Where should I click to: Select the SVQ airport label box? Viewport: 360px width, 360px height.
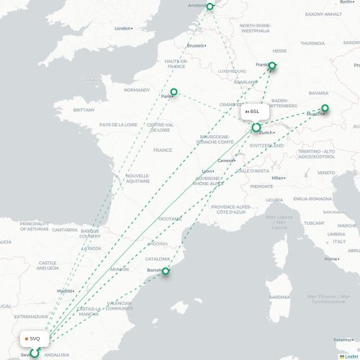tap(33, 338)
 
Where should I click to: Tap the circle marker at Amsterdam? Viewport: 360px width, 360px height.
tap(210, 6)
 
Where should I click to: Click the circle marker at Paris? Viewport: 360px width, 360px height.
tap(174, 91)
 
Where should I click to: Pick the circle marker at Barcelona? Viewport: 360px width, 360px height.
tap(166, 271)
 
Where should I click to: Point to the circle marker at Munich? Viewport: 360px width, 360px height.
tap(325, 109)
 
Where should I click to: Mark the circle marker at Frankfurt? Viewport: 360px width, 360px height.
tap(271, 68)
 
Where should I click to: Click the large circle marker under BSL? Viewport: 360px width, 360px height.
tap(256, 127)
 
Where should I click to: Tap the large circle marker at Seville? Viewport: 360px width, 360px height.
tap(33, 353)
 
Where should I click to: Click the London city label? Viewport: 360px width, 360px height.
tap(122, 28)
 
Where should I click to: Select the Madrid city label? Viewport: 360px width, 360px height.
tap(65, 291)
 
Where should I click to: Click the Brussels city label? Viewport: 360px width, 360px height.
tap(194, 45)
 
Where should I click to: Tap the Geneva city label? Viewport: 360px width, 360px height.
tap(225, 160)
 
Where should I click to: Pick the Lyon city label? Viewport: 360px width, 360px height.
tap(207, 171)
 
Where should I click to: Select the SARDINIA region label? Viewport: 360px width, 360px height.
tap(279, 297)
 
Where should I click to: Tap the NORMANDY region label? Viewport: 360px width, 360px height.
tap(137, 90)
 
